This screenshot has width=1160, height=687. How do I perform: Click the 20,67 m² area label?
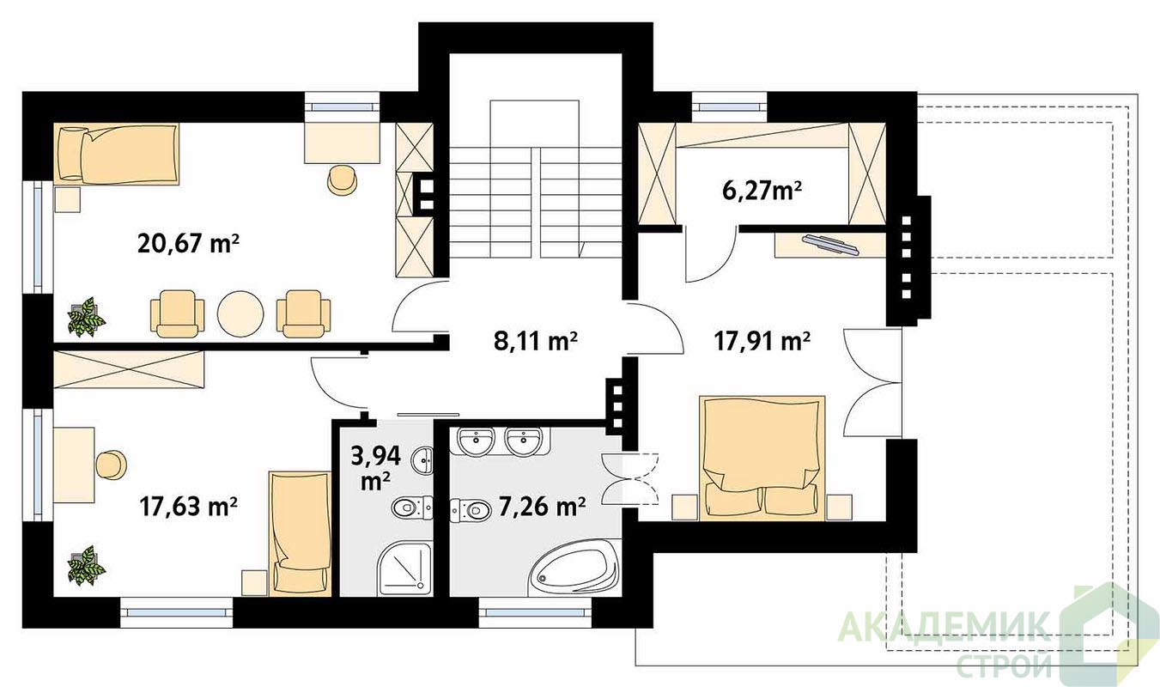pos(189,243)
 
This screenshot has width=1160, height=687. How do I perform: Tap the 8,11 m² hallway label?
pos(536,342)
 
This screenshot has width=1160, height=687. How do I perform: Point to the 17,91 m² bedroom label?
pos(762,342)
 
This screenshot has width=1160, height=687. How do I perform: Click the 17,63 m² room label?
pos(189,506)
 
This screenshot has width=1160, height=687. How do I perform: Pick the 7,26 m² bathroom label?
pos(542,506)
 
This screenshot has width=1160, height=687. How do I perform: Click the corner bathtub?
pos(574,568)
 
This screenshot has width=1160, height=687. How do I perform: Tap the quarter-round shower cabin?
pos(404,569)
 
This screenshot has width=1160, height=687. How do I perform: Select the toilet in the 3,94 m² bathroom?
pos(412,508)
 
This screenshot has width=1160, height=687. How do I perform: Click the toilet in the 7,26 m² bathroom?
pos(471,510)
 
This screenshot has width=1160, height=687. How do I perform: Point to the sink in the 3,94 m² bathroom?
pos(423,459)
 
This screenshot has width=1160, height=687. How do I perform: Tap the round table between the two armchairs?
pos(240,314)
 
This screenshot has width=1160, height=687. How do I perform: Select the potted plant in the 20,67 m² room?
pos(87,317)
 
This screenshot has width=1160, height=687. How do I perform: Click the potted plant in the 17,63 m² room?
pos(87,565)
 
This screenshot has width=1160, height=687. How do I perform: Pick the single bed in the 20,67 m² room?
pos(117,154)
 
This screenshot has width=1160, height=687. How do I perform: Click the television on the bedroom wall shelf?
pos(830,245)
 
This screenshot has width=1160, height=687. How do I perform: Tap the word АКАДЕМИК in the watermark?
pos(944,628)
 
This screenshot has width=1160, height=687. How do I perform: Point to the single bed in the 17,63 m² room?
pos(301,533)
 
